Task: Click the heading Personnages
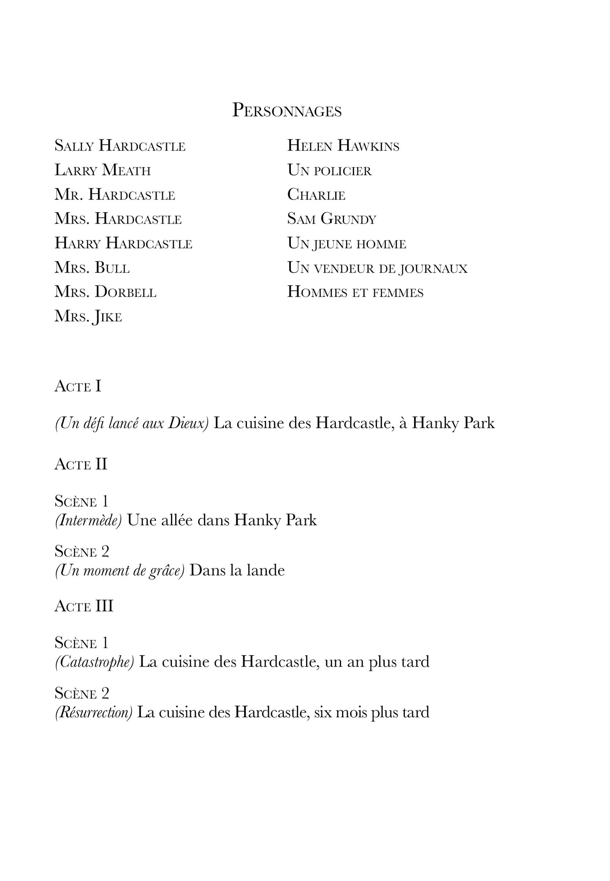(x=287, y=111)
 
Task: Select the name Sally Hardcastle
(x=120, y=146)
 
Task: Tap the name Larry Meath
(x=103, y=170)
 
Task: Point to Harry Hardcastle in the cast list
(x=123, y=243)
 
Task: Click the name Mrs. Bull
(x=92, y=268)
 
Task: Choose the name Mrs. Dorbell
(x=106, y=292)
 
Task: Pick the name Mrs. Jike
(x=88, y=316)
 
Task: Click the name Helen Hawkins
(x=343, y=146)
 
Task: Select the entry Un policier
(x=329, y=170)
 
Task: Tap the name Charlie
(x=316, y=195)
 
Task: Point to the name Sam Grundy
(x=331, y=219)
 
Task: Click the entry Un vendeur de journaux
(x=377, y=268)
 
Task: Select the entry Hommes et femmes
(x=355, y=292)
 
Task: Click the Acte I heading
(x=78, y=386)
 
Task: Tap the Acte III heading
(x=84, y=606)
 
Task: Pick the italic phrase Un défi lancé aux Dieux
(x=132, y=423)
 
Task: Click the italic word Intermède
(x=88, y=520)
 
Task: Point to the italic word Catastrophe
(x=95, y=662)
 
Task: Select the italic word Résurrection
(x=94, y=712)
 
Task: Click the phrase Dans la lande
(x=237, y=570)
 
